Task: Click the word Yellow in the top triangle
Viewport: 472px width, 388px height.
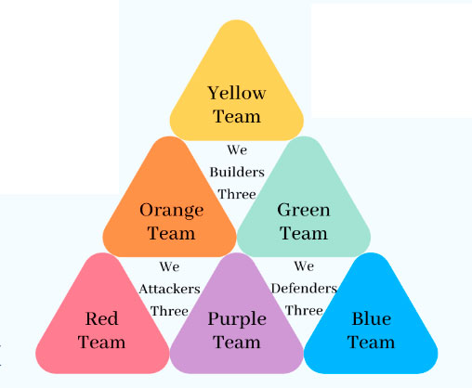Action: pos(237,93)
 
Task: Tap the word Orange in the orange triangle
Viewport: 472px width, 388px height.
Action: pos(172,211)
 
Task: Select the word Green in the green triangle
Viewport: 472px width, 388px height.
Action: pos(304,210)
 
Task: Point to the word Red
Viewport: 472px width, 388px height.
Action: pos(101,318)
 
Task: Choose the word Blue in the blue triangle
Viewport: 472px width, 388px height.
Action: pos(372,318)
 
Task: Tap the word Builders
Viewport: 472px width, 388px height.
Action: pos(237,172)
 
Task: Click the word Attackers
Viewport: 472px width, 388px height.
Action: pos(169,289)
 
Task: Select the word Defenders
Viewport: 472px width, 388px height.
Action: pos(304,289)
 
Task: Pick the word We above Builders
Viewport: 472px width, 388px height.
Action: pos(237,150)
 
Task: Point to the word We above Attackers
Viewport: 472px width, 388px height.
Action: pos(169,266)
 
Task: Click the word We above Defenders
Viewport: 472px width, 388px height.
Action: pos(304,266)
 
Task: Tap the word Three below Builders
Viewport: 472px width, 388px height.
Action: pos(237,194)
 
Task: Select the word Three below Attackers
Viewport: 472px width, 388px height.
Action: pos(169,311)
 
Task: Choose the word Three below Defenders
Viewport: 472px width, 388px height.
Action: pos(304,310)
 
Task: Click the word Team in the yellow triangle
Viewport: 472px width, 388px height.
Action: pos(237,116)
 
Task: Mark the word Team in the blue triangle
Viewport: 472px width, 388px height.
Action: pos(371,343)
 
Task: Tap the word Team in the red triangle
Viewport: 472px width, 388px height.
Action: pos(101,343)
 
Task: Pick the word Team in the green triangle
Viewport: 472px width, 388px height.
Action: pos(304,233)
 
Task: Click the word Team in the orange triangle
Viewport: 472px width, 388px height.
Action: pos(171,233)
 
